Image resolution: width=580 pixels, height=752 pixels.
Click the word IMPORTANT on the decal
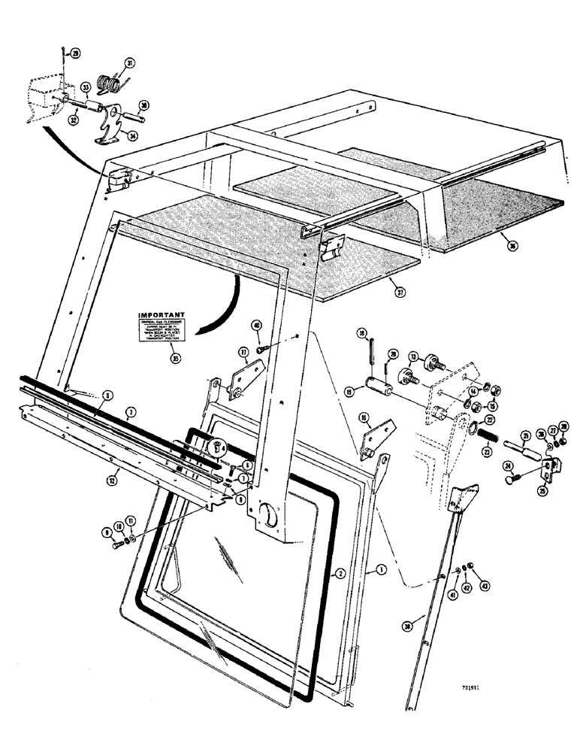(162, 317)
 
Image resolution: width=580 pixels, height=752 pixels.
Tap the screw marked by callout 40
(261, 347)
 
